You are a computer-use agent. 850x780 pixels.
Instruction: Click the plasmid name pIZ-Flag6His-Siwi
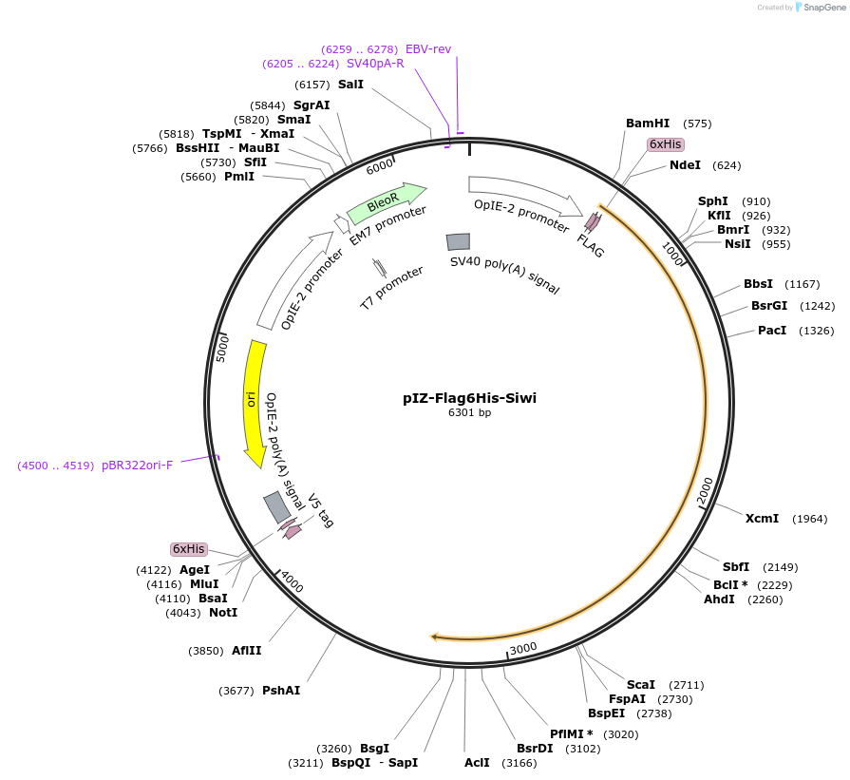469,398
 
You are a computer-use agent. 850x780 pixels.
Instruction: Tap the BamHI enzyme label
648,124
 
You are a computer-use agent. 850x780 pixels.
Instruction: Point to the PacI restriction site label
771,331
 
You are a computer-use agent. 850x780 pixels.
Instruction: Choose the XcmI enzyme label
762,519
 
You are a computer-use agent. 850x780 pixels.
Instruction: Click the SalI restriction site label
350,85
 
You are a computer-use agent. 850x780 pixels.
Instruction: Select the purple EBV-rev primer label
428,48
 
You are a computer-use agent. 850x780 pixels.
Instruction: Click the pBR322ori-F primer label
137,466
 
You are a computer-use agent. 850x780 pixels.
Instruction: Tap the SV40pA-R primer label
375,64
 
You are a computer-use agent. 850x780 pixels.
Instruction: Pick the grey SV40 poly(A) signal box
459,242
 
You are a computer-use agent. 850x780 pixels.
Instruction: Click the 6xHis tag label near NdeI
665,144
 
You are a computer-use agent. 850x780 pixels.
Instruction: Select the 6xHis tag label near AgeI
188,549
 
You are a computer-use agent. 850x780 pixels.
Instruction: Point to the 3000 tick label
524,648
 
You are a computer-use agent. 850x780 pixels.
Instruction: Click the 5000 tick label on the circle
223,347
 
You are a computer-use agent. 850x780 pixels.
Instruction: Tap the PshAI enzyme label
281,691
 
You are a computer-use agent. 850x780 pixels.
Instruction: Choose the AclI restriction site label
477,762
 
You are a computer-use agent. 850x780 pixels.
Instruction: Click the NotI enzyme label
223,613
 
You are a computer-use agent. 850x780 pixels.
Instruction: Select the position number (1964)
810,519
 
